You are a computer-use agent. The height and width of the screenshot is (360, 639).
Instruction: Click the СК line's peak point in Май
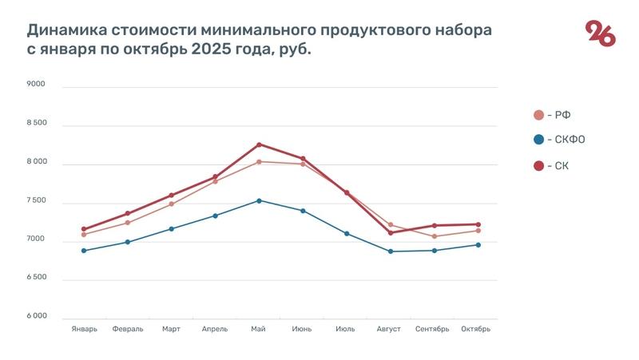[x=259, y=144]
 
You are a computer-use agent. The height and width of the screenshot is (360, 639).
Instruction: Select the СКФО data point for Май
[x=259, y=200]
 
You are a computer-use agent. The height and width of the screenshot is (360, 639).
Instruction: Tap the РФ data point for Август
[x=391, y=224]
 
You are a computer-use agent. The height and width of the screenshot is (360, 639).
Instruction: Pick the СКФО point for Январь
[x=84, y=251]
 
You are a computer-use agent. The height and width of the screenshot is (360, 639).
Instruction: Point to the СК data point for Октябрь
[x=478, y=224]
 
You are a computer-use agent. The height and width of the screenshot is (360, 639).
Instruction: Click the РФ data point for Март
[x=171, y=204]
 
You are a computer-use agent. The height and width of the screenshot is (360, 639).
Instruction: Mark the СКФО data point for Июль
[x=347, y=233]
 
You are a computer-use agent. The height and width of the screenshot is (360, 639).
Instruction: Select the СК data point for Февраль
[x=128, y=213]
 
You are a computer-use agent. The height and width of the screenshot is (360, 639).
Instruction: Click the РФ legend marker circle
[x=538, y=115]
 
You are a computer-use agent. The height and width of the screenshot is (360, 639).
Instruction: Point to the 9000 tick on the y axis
[x=36, y=85]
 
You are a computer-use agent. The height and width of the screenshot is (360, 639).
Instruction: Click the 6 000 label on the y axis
[x=36, y=317]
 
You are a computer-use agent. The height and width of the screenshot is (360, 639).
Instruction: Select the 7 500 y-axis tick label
[x=36, y=201]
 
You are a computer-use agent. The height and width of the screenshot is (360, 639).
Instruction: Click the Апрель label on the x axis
[x=215, y=329]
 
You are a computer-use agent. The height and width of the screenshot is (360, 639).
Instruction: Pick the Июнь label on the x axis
[x=302, y=329]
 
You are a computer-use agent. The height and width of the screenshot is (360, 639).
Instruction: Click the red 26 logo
[x=600, y=34]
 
